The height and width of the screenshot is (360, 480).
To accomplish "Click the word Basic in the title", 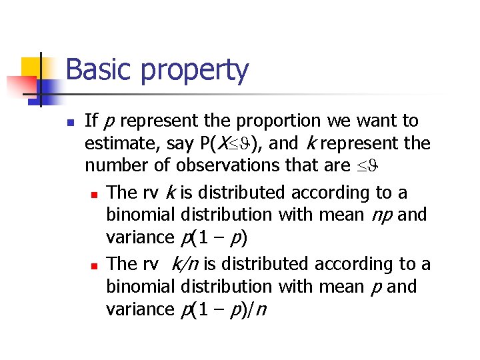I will tap(98, 70).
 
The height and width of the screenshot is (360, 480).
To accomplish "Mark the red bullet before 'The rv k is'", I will tap(94, 195).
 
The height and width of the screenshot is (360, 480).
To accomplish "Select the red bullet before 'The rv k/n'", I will tap(94, 266).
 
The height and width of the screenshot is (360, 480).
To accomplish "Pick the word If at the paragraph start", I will tap(92, 121).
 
